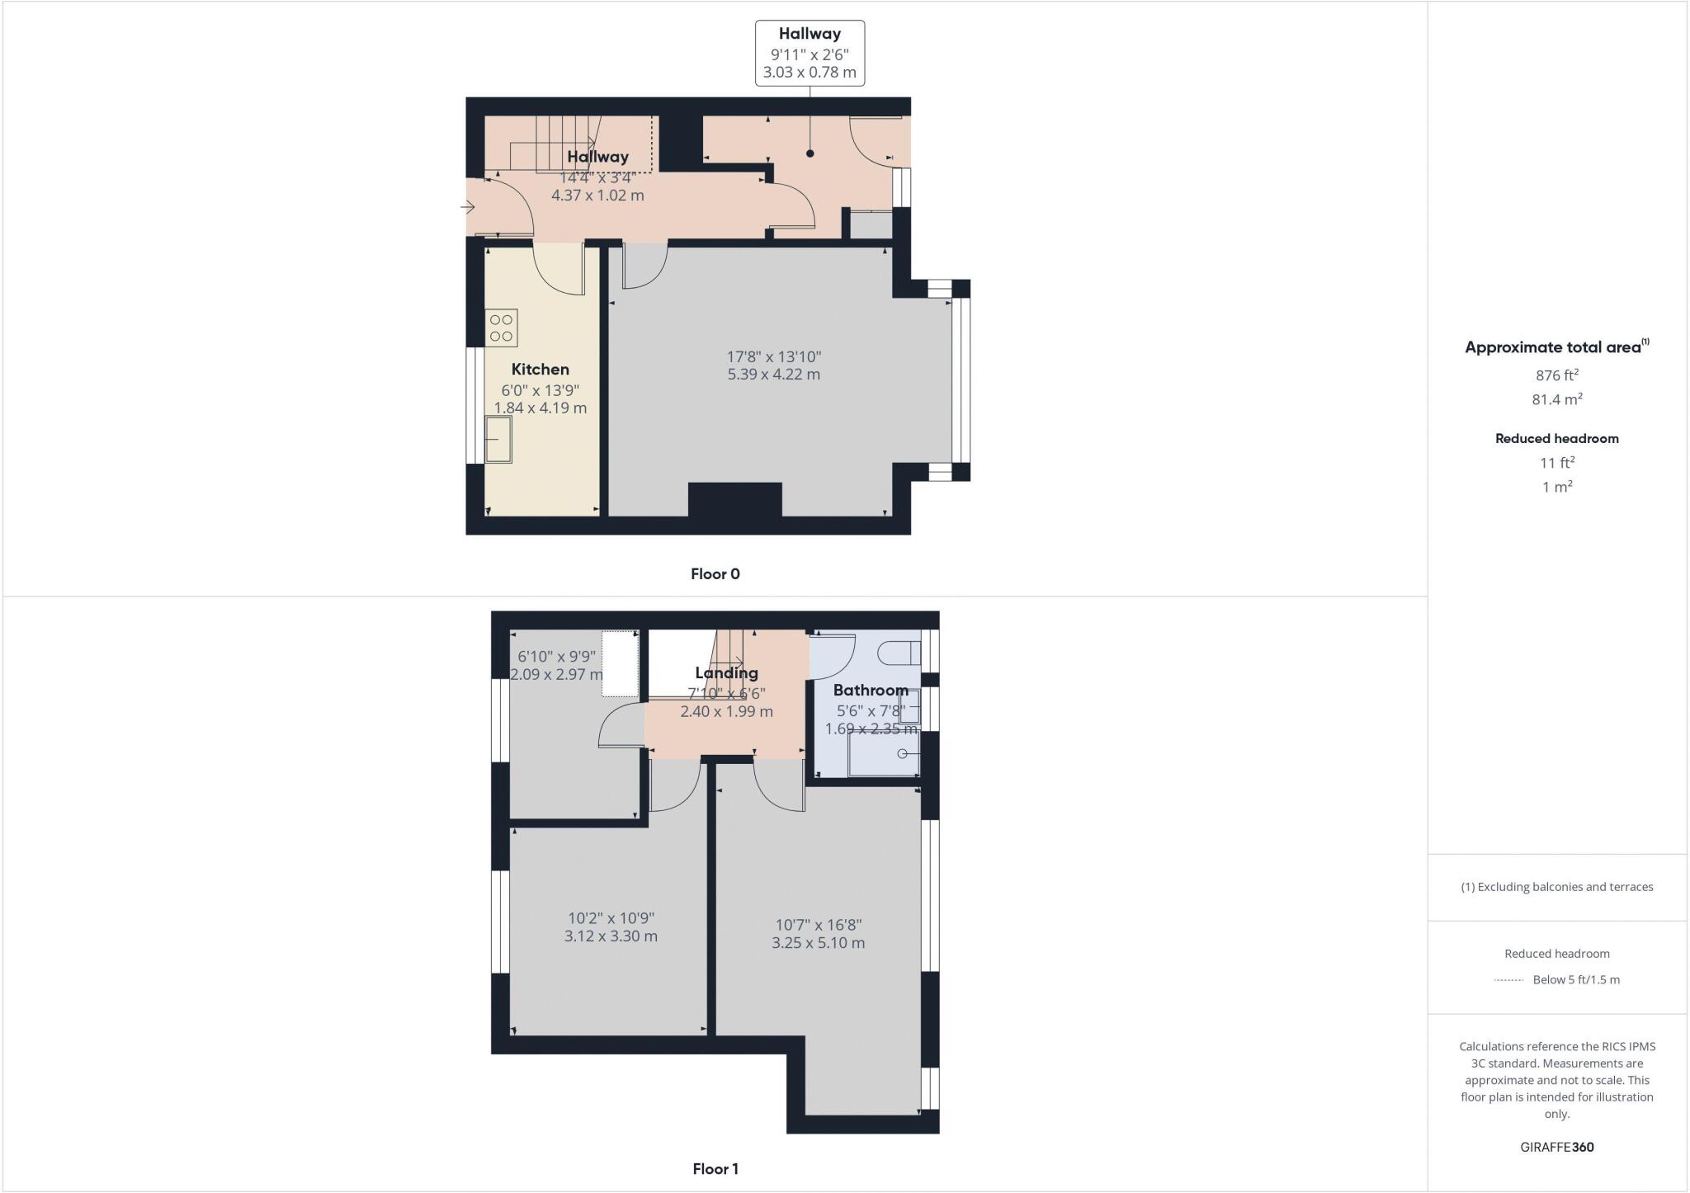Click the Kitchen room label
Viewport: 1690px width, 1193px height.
pos(540,369)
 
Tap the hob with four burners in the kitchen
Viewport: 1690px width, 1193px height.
pos(502,327)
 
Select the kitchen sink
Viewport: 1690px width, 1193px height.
pos(498,439)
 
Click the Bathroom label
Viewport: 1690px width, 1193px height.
pos(870,690)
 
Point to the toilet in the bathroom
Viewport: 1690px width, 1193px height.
pos(899,653)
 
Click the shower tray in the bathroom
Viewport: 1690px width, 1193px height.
pos(883,754)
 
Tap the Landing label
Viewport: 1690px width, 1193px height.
pos(726,672)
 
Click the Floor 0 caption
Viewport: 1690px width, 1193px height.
pos(715,574)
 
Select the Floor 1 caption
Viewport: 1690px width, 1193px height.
pos(715,1169)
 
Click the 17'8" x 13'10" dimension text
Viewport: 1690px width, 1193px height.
pos(773,356)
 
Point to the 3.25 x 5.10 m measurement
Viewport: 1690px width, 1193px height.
pos(818,943)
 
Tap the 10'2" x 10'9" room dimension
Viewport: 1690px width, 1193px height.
pos(611,917)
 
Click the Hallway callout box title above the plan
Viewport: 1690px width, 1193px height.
pos(810,34)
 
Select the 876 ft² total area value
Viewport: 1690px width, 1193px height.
pos(1556,375)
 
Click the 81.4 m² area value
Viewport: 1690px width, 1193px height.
pos(1556,399)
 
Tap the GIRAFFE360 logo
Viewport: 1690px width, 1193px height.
pos(1556,1147)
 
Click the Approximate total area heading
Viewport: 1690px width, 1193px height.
pos(1556,347)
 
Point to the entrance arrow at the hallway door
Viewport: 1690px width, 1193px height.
pos(467,207)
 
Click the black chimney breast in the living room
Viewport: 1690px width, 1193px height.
pos(734,499)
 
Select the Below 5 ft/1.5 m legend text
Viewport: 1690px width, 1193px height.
pos(1575,980)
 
